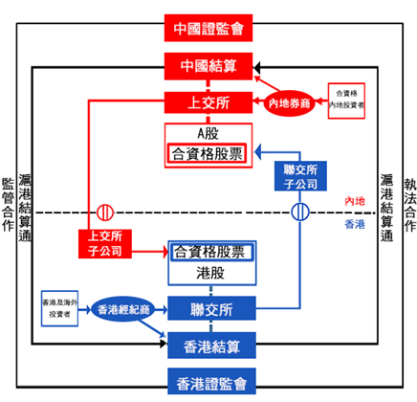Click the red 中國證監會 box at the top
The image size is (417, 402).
tap(209, 28)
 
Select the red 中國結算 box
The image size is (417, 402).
tap(209, 66)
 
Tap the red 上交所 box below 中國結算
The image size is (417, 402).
tap(209, 100)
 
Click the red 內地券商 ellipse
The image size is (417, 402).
tap(289, 101)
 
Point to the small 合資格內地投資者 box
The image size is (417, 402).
tap(346, 99)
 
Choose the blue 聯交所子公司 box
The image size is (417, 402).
tap(301, 175)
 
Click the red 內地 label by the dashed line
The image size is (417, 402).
tap(356, 200)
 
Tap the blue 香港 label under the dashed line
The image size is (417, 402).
tap(356, 225)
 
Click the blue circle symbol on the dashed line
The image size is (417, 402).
tap(301, 212)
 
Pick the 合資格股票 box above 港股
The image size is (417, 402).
tap(209, 253)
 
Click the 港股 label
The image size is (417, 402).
tap(209, 273)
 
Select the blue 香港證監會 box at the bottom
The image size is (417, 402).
tap(209, 382)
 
